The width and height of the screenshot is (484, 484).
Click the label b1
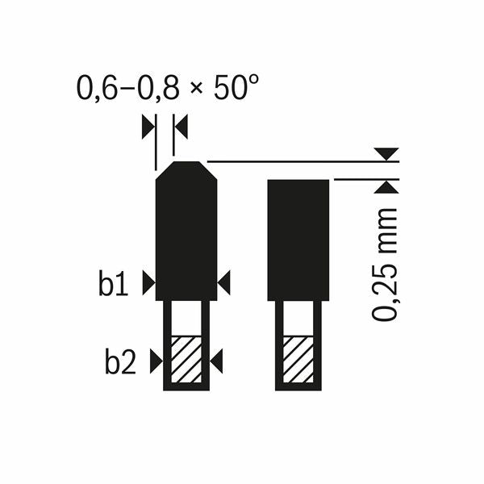(115, 284)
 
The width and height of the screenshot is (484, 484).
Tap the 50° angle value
(234, 87)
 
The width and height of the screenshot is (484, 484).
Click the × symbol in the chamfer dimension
(196, 89)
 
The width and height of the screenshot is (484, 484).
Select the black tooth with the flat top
(298, 239)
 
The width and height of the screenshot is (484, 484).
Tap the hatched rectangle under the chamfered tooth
(186, 358)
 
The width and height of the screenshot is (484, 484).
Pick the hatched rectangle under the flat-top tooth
(298, 358)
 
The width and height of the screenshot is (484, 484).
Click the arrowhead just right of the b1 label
(148, 282)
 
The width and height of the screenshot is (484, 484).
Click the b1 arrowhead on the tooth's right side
(223, 282)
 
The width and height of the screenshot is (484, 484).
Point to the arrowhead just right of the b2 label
(155, 361)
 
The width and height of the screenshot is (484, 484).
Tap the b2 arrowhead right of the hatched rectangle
(216, 361)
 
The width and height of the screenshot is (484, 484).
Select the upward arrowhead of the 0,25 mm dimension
(389, 187)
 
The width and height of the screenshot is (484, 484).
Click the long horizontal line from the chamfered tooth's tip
(298, 162)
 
